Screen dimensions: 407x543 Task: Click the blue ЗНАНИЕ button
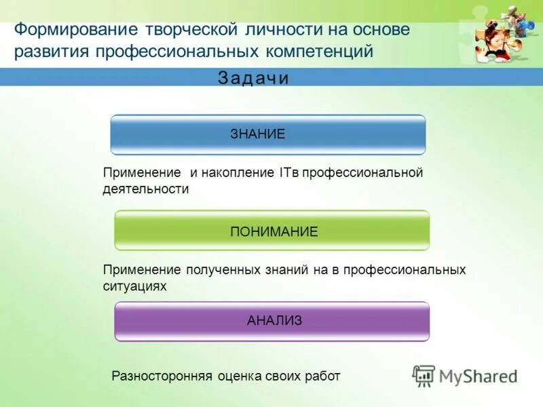coord(267,134)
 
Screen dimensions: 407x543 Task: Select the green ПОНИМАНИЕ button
coord(271,231)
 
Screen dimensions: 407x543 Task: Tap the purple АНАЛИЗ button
coord(271,321)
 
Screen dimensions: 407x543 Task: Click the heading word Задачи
coord(253,78)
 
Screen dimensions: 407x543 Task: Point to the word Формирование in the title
coord(75,31)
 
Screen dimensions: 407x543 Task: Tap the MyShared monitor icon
coord(424,375)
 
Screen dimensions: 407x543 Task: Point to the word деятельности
coord(145,190)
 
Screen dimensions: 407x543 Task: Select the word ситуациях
coord(134,287)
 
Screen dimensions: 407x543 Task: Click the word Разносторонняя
coord(162,376)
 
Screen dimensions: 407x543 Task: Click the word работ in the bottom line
coord(322,376)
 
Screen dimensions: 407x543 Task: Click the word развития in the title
coord(52,52)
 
